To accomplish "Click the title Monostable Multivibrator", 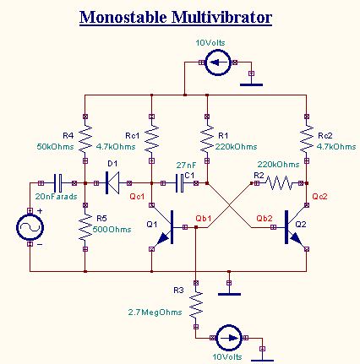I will point(176,17).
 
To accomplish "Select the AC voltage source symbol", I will point(30,228).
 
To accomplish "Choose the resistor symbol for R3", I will point(195,302).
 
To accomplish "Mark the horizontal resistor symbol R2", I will point(281,182).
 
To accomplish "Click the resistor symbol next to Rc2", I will point(306,137).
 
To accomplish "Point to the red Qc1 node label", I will point(137,196).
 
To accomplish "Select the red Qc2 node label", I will point(319,196).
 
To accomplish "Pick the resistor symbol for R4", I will point(86,137).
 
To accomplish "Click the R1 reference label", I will point(223,135).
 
